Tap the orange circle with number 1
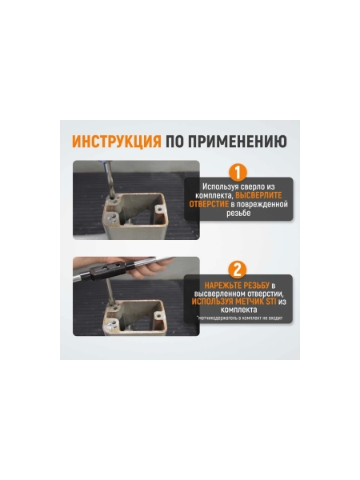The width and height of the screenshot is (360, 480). (238, 172)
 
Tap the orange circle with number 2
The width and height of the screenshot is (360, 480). (238, 270)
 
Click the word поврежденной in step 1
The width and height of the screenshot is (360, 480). (263, 204)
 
